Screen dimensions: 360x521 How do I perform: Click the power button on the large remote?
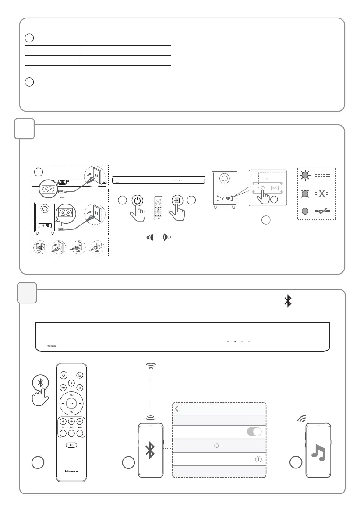pyautogui.click(x=64, y=375)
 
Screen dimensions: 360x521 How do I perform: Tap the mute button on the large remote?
pyautogui.click(x=71, y=445)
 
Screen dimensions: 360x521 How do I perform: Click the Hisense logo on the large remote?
pyautogui.click(x=71, y=472)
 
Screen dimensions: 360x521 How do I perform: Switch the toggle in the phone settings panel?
pyautogui.click(x=254, y=431)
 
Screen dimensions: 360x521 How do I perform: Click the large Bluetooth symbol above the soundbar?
pyautogui.click(x=288, y=301)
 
